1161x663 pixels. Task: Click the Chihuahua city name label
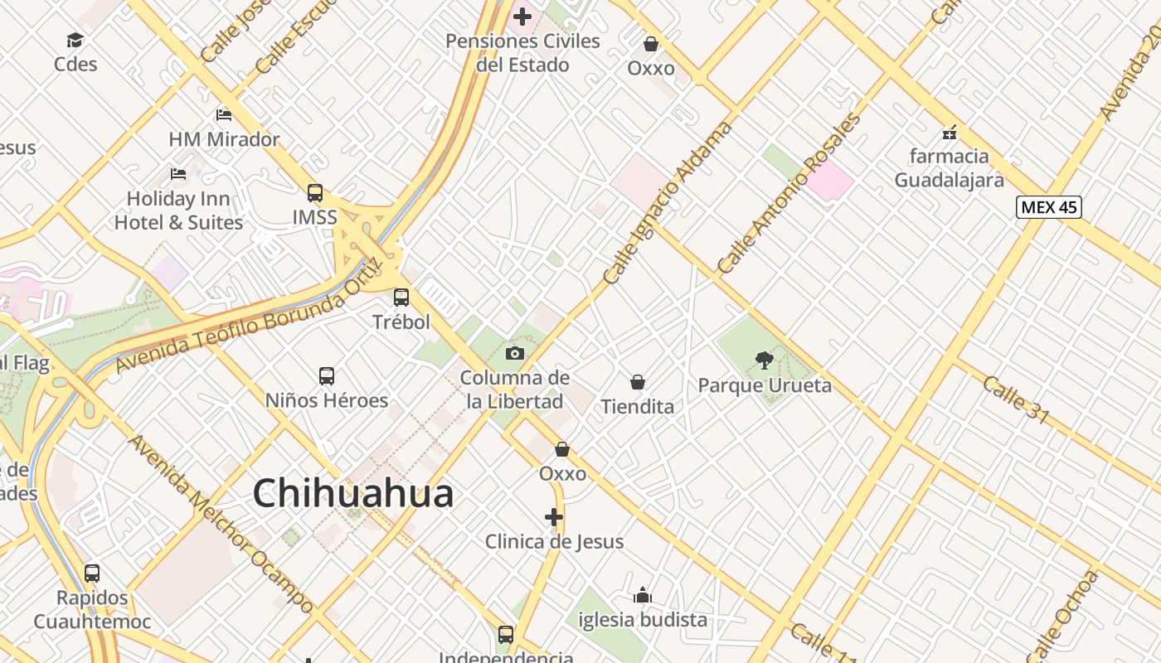[353, 494]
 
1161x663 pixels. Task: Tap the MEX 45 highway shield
[1048, 206]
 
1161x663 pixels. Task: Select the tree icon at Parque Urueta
[764, 361]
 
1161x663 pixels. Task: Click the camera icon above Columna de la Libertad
[515, 354]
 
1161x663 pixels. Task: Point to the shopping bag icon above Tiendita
[638, 382]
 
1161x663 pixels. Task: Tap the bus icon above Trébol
[401, 297]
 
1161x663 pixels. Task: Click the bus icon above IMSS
[315, 193]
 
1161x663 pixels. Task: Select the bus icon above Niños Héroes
[327, 376]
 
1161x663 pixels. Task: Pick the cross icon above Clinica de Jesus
[554, 518]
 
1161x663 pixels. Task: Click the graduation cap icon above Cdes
[75, 40]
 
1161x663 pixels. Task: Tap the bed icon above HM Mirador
[224, 114]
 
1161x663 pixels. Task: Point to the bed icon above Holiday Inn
[178, 174]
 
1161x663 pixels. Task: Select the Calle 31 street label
[1016, 398]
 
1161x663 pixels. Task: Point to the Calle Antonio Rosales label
[789, 194]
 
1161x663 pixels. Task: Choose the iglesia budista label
[643, 619]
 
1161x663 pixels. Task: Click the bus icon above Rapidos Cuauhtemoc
[92, 573]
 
